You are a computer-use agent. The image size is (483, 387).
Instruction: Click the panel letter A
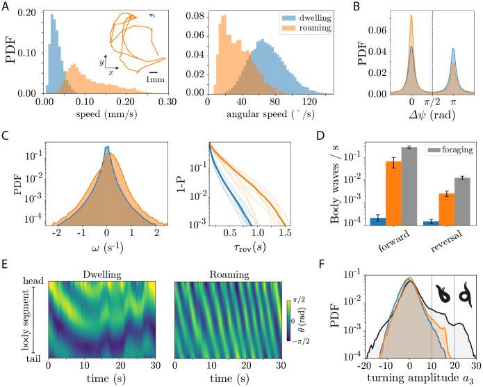[x=6, y=7]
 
